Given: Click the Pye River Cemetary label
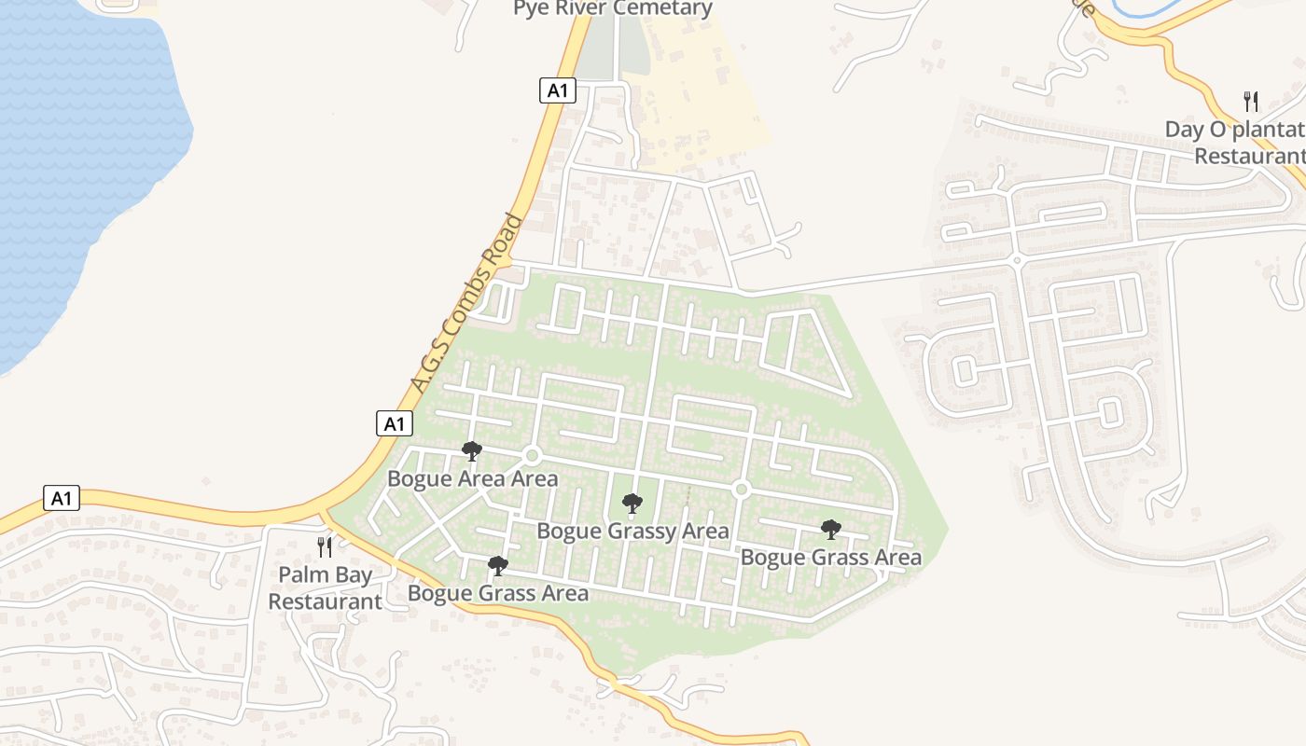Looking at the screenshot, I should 613,9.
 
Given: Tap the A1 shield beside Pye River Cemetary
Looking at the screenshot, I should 558,90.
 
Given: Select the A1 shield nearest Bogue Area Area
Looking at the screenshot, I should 395,423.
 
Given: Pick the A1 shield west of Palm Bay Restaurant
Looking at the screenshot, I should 62,498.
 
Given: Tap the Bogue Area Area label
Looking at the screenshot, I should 472,479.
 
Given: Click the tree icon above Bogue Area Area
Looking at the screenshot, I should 472,452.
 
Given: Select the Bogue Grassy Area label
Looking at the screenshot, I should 632,532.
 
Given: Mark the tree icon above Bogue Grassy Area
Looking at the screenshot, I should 632,504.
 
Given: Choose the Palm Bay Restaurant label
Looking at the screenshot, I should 325,588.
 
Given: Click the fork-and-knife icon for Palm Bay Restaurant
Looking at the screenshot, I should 325,547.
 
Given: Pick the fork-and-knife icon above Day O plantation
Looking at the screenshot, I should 1251,102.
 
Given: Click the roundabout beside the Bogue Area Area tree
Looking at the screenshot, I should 533,455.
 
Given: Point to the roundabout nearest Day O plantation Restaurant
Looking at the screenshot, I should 1016,259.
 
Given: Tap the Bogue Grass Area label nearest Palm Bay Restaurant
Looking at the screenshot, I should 498,593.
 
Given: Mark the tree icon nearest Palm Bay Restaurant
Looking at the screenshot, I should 498,565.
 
